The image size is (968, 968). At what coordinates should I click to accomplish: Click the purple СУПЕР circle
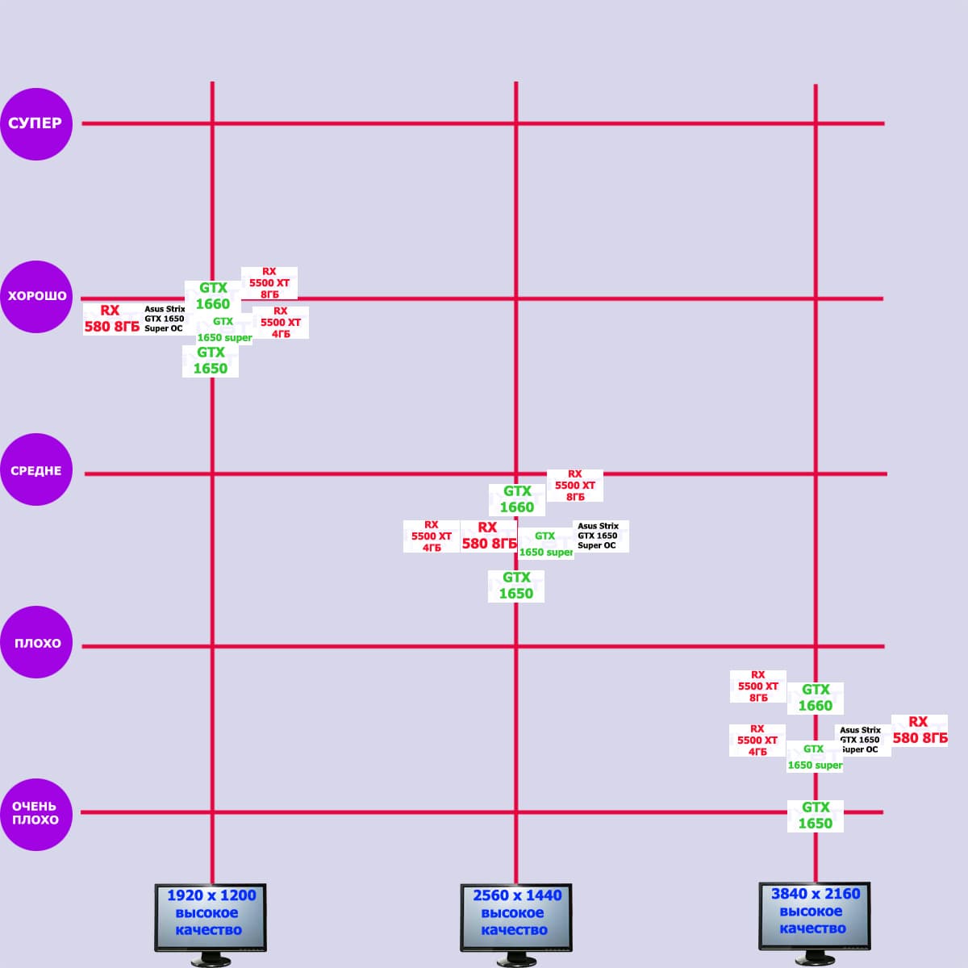tap(36, 123)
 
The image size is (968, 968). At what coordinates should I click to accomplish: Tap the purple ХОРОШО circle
tap(36, 296)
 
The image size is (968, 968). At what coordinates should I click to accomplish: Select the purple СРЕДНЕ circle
tap(36, 470)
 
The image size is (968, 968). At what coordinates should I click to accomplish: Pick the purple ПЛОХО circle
tap(36, 643)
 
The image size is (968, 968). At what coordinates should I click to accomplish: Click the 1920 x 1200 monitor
tap(210, 916)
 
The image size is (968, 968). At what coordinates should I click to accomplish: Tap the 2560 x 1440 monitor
tap(515, 916)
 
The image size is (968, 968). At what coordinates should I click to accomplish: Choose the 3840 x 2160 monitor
tap(815, 914)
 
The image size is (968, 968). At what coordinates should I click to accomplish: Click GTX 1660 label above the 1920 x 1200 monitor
tap(213, 296)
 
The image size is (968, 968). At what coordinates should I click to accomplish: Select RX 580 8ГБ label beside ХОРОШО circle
tap(111, 319)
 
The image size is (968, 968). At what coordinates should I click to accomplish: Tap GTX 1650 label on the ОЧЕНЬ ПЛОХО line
tap(815, 816)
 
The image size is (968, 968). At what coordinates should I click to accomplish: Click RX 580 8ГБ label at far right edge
tap(920, 730)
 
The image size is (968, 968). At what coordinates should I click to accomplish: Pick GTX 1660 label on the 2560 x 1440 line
tap(517, 499)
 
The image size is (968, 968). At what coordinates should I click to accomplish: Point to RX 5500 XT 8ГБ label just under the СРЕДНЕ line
tap(574, 486)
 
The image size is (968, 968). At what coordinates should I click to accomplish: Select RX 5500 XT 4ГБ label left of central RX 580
tap(432, 536)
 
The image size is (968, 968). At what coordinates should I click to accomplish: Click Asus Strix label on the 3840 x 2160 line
tap(862, 740)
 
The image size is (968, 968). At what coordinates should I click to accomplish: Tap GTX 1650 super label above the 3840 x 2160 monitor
tap(815, 757)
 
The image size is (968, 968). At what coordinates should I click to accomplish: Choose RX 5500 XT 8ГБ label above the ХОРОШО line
tap(269, 283)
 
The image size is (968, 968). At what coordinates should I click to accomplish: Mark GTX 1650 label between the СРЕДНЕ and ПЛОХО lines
tap(516, 586)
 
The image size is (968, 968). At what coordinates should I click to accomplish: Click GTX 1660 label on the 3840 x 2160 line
tap(815, 698)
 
